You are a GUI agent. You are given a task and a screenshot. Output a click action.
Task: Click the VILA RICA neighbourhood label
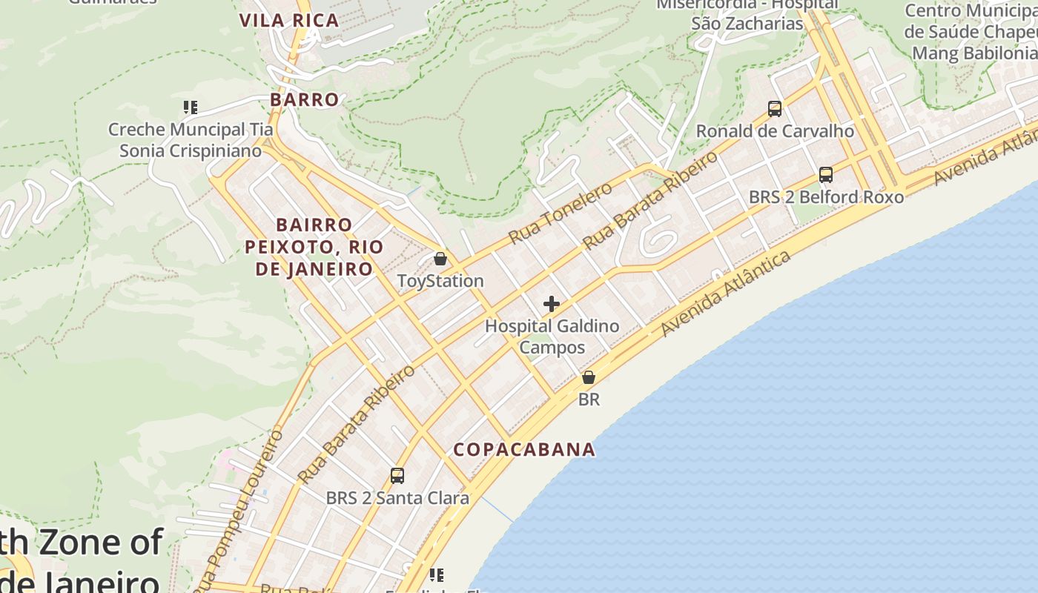[x=289, y=21]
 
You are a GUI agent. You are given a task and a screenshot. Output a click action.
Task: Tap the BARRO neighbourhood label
[x=305, y=99]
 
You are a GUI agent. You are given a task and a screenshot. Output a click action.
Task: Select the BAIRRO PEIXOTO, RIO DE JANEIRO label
[x=314, y=247]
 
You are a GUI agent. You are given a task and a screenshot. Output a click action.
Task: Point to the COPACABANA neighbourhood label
[x=524, y=449]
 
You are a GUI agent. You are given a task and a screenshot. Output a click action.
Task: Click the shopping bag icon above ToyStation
[x=440, y=259]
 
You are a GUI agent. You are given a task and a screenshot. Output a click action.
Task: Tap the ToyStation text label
[x=440, y=281]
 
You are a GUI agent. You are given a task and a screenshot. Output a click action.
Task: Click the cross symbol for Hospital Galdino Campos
[x=552, y=304]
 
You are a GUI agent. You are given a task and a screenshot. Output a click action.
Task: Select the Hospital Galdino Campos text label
[x=552, y=337]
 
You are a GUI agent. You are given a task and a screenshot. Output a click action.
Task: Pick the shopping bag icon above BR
[x=589, y=377]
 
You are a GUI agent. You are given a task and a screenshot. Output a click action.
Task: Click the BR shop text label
[x=589, y=400]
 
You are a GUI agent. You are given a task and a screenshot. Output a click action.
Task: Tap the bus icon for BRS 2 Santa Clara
[x=397, y=476]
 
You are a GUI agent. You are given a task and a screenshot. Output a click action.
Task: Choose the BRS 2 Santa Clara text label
[x=397, y=498]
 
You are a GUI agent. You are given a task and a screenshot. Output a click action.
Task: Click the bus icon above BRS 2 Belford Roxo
[x=826, y=175]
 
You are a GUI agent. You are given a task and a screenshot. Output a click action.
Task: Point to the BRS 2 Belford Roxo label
[x=826, y=197]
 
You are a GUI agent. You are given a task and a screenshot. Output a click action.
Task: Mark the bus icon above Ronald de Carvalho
[x=775, y=109]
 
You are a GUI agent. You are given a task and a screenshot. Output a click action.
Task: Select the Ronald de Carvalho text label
[x=775, y=131]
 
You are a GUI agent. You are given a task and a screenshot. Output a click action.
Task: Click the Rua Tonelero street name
[x=561, y=212]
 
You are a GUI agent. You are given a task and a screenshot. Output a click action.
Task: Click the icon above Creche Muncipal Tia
[x=191, y=107]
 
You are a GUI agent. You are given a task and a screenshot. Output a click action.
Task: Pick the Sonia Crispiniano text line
[x=191, y=151]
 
